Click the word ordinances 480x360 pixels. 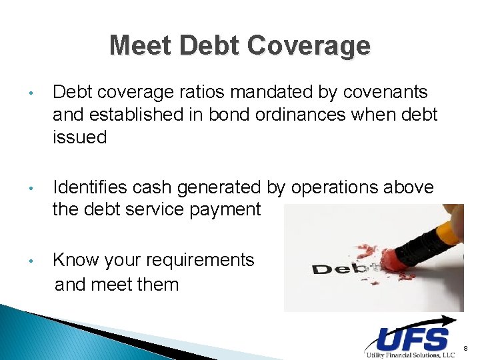click(x=311, y=115)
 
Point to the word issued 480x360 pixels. click(x=79, y=137)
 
